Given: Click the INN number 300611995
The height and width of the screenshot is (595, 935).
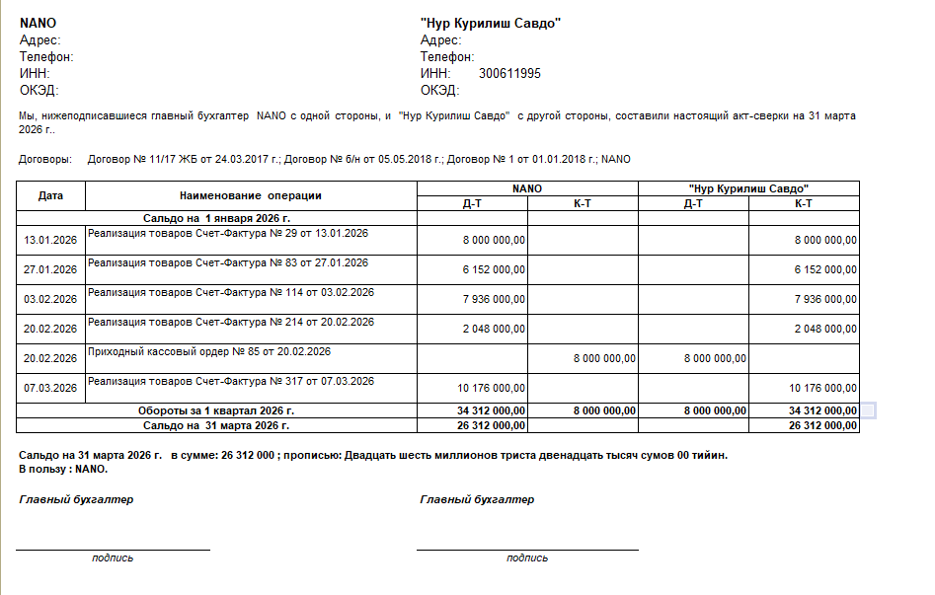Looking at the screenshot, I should [509, 74].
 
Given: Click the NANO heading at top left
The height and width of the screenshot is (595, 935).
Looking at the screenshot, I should [39, 23].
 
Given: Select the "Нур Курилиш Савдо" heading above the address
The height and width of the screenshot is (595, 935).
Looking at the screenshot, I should [491, 23].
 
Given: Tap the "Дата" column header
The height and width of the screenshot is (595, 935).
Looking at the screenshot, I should [50, 195].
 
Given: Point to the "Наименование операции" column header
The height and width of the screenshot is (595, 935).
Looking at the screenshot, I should [251, 195].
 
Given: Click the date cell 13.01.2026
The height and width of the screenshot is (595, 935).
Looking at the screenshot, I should [50, 240].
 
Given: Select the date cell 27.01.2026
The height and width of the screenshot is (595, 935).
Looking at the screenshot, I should [50, 269].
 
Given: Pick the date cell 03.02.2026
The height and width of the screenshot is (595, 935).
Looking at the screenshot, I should [50, 299].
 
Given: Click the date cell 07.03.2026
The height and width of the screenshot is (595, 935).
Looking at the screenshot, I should [50, 388].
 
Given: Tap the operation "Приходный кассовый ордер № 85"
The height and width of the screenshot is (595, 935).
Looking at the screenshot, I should [209, 351].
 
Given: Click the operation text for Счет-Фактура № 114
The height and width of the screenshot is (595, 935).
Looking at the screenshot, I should [231, 292].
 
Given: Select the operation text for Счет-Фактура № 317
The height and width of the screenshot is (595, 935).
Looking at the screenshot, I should [231, 381].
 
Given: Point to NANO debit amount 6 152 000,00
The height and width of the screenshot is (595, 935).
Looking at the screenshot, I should [494, 269].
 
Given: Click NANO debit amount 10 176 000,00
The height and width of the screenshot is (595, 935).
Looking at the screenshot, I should [491, 388].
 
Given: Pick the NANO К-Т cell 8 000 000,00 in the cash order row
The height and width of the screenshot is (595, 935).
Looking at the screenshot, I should [604, 358].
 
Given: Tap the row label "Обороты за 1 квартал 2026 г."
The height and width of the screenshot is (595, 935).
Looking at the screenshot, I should [216, 410].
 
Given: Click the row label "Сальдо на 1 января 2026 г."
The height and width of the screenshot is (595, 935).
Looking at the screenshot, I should [217, 218].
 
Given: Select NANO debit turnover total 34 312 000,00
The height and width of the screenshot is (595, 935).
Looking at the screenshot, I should [491, 410].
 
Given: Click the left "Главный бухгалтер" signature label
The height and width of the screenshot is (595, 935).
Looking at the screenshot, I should [76, 499].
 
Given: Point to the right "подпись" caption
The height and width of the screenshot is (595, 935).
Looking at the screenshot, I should [527, 558].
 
